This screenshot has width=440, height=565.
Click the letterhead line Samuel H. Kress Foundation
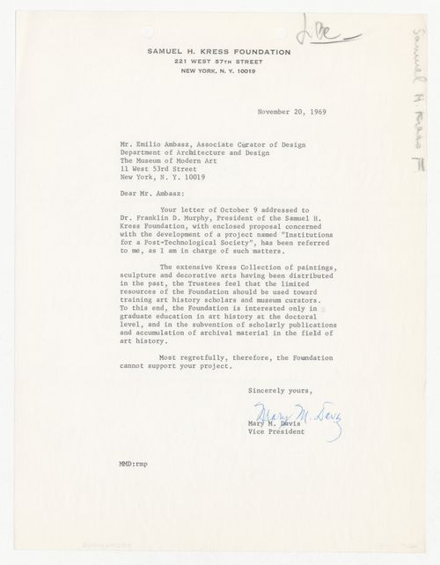pos(220,52)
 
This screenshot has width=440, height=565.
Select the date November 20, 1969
pos(292,114)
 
